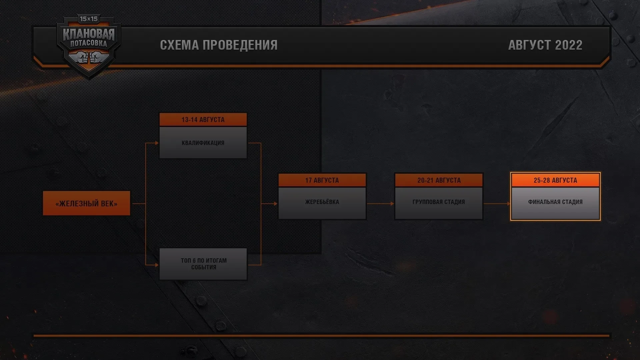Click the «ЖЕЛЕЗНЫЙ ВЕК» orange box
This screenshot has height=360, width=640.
pos(86,203)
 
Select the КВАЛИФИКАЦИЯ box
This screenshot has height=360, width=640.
pos(203,143)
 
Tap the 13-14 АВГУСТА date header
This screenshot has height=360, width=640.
pos(203,120)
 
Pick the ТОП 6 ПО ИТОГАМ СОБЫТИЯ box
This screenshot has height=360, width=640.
pos(203,264)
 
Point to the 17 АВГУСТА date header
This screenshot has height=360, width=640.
pos(322,180)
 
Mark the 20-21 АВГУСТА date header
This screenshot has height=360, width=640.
pos(439,180)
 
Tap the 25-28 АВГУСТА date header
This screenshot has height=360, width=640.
pos(555,180)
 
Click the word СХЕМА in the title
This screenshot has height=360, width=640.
pos(180,45)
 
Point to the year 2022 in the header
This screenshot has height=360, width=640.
pos(569,45)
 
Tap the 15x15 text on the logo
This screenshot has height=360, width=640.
pos(89,19)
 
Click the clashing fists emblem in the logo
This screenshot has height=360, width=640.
pos(89,57)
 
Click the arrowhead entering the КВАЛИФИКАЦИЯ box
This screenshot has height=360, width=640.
pos(157,143)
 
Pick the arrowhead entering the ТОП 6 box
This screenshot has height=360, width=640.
pos(157,265)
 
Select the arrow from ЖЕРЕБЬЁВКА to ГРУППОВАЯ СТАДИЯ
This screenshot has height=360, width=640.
pos(380,203)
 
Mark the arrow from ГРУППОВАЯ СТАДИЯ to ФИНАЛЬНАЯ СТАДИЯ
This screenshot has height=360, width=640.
pos(497,203)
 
